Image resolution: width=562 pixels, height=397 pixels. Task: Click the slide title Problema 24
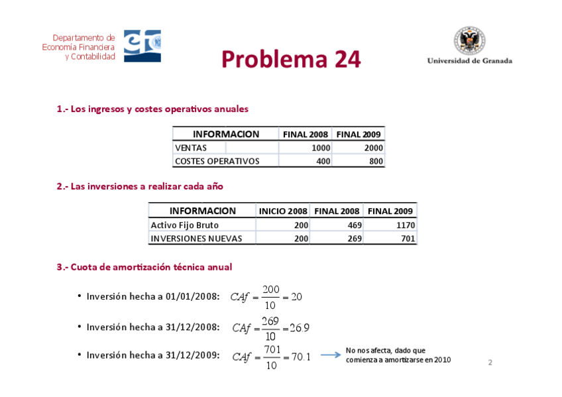291,59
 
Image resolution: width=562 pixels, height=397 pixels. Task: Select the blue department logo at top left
142,46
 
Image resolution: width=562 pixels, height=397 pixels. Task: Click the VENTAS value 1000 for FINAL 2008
321,148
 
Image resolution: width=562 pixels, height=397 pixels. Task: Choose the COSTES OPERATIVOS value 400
323,161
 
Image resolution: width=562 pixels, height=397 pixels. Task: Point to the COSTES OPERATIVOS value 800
376,161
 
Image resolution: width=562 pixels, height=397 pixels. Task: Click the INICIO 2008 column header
283,211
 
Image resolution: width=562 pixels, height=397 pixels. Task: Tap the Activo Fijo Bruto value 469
354,225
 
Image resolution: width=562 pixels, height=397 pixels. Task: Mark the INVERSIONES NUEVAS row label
196,239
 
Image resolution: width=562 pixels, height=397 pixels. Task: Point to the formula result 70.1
300,357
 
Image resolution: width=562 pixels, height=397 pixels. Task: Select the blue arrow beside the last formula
330,355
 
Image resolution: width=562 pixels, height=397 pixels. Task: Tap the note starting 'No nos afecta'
398,355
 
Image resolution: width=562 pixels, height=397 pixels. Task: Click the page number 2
490,363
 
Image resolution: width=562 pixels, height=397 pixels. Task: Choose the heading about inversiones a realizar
140,186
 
